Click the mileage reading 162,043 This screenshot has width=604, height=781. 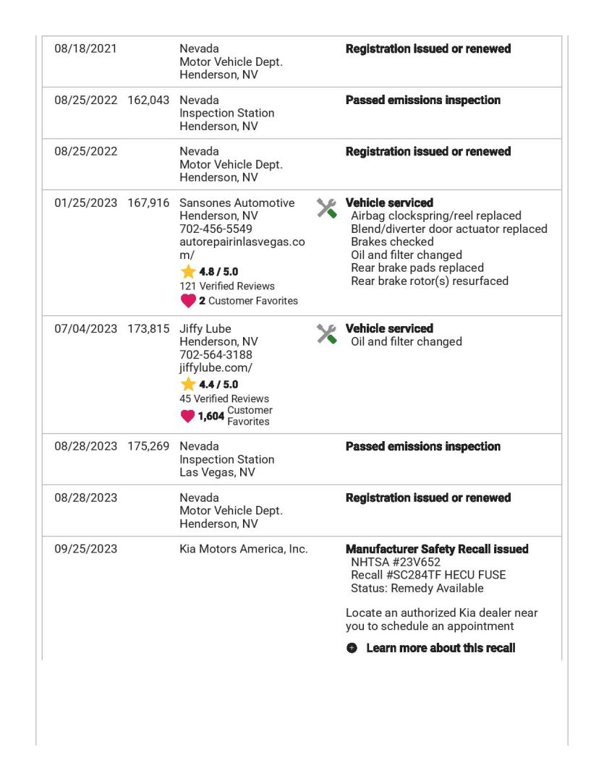tap(148, 100)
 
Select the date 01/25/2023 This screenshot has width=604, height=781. tap(85, 203)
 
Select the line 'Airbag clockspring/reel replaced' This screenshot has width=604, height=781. tap(435, 216)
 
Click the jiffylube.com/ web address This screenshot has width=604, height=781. tap(216, 367)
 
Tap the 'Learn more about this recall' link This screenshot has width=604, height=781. tap(441, 648)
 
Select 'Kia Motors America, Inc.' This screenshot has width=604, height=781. tap(244, 549)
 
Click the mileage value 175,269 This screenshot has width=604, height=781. tap(148, 446)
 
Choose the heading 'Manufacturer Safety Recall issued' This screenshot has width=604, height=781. tap(437, 549)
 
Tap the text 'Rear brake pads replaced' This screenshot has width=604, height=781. tap(417, 268)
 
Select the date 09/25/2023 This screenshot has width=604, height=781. tap(85, 549)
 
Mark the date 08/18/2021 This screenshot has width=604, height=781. tap(85, 48)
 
